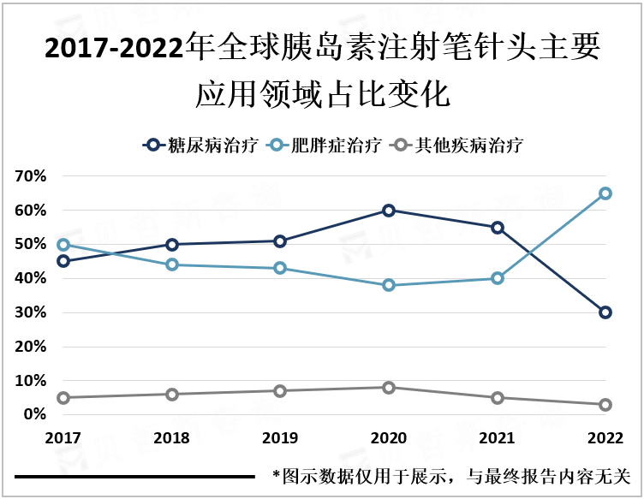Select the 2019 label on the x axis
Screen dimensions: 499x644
click(279, 438)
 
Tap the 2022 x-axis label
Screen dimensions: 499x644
click(605, 438)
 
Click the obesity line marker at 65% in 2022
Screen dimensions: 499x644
click(605, 193)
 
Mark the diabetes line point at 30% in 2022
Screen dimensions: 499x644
click(605, 312)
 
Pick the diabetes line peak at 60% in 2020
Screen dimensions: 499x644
click(388, 211)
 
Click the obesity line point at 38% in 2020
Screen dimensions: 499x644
click(388, 285)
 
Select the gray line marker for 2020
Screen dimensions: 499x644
click(388, 387)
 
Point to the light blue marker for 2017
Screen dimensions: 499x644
click(63, 245)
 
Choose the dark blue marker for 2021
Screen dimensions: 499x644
click(497, 228)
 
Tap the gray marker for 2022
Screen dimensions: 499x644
click(605, 404)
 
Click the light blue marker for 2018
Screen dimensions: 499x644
click(171, 264)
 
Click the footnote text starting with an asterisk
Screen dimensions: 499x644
click(450, 476)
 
